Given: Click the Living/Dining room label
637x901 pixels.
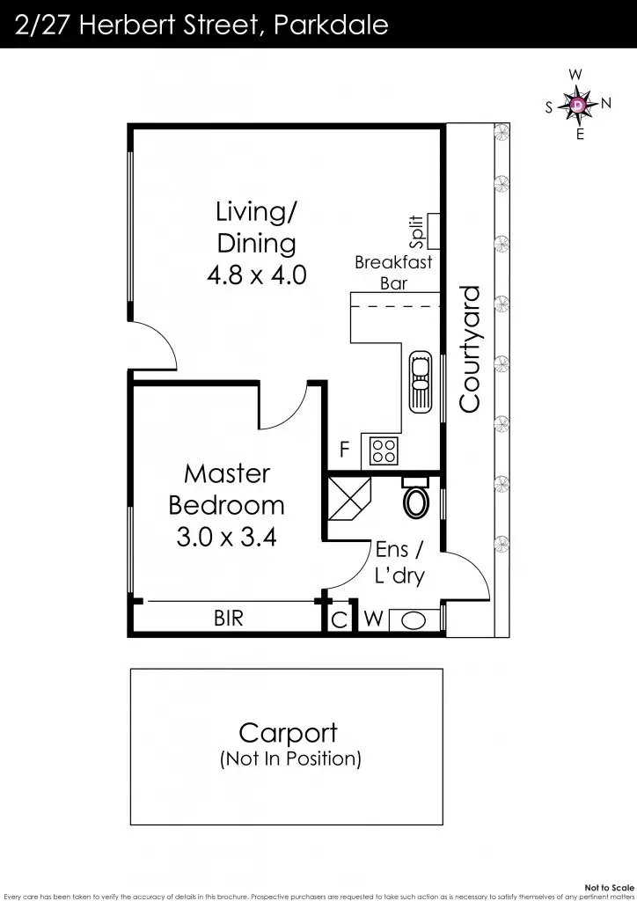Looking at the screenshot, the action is (257, 228).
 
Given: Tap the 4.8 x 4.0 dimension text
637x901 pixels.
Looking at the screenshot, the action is (257, 275).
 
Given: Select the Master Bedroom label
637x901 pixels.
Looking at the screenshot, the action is (227, 489).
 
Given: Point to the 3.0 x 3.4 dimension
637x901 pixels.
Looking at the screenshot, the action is (227, 537).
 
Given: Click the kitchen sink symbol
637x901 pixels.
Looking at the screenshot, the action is (421, 382).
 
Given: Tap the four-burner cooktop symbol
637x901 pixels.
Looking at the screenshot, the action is (383, 450).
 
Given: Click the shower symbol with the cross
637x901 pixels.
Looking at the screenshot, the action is (348, 498).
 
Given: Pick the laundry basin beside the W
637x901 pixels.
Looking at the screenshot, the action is (414, 620).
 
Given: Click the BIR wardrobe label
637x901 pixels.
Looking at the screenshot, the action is (229, 619).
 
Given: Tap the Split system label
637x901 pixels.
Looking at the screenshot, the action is (416, 231).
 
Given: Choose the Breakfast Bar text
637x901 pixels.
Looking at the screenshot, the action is (393, 273).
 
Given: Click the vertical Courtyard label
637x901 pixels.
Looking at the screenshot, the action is (469, 348).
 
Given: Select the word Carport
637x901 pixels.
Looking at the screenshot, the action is (288, 733).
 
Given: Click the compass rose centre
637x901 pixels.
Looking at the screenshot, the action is (578, 105).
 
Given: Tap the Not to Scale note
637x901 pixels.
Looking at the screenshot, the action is (610, 888).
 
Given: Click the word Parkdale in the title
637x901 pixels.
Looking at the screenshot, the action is (331, 26).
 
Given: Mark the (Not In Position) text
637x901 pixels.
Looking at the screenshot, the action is (290, 758).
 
